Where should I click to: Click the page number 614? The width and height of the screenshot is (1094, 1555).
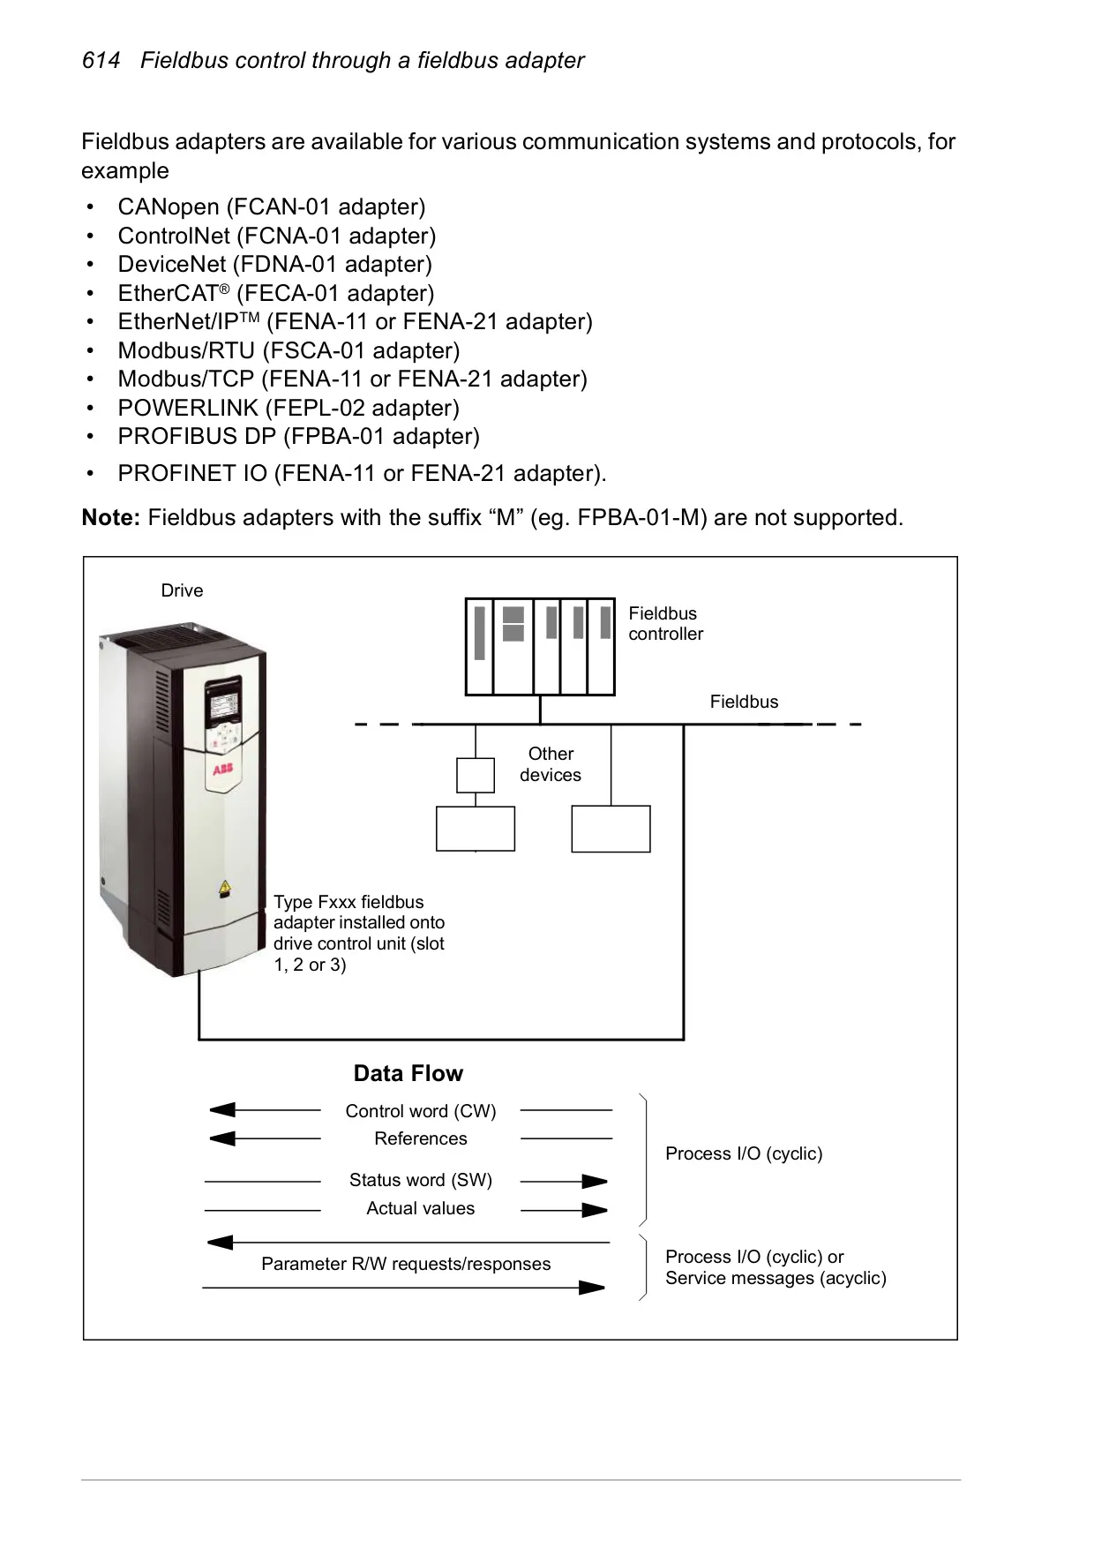101,61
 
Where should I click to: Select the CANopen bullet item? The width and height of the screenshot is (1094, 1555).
272,207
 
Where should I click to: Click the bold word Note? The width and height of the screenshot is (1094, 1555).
111,517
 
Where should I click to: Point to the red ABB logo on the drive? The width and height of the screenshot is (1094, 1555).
222,770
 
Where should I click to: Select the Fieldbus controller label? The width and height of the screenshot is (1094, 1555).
666,624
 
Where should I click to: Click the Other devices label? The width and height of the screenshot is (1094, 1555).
551,764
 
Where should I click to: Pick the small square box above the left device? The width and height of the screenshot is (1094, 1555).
476,776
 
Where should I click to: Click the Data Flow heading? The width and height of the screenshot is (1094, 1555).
408,1073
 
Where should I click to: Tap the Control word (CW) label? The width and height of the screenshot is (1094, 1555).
421,1111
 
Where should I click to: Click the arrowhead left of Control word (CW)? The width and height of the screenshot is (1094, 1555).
222,1110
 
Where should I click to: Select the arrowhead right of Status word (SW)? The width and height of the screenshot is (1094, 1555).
595,1181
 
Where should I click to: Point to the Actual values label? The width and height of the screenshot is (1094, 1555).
421,1208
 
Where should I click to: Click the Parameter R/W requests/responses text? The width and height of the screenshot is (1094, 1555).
406,1264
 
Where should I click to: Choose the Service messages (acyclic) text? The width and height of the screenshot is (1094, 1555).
776,1278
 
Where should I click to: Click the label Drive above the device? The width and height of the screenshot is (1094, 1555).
182,590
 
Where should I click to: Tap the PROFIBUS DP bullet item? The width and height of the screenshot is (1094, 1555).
299,436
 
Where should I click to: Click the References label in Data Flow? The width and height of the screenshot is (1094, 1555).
421,1138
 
